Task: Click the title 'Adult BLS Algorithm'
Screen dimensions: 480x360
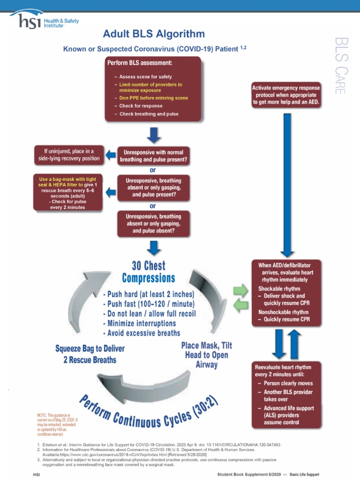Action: [x=154, y=34]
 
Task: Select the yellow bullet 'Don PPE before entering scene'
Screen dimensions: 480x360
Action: [x=153, y=98]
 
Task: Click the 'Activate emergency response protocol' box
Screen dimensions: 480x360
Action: [x=286, y=95]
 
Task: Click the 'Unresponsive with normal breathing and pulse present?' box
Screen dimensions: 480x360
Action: [x=153, y=156]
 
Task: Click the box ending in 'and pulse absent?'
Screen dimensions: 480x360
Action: [x=153, y=224]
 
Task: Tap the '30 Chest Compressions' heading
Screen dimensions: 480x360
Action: [x=148, y=272]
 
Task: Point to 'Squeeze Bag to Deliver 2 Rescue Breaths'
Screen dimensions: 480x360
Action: [x=90, y=354]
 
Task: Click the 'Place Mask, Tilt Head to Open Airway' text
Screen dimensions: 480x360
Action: [x=206, y=355]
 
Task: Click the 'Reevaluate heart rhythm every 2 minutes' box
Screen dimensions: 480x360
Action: [x=286, y=394]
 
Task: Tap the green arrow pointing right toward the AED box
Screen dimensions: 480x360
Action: [x=240, y=289]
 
